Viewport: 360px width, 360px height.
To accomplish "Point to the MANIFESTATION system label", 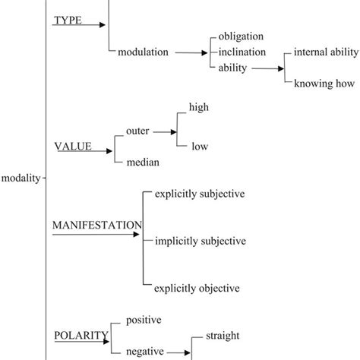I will pyautogui.click(x=96, y=225).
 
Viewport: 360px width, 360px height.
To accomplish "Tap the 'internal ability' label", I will pyautogui.click(x=320, y=52).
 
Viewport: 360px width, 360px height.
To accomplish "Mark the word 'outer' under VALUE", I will pyautogui.click(x=137, y=130).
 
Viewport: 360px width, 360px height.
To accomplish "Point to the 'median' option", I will pyautogui.click(x=142, y=161).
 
